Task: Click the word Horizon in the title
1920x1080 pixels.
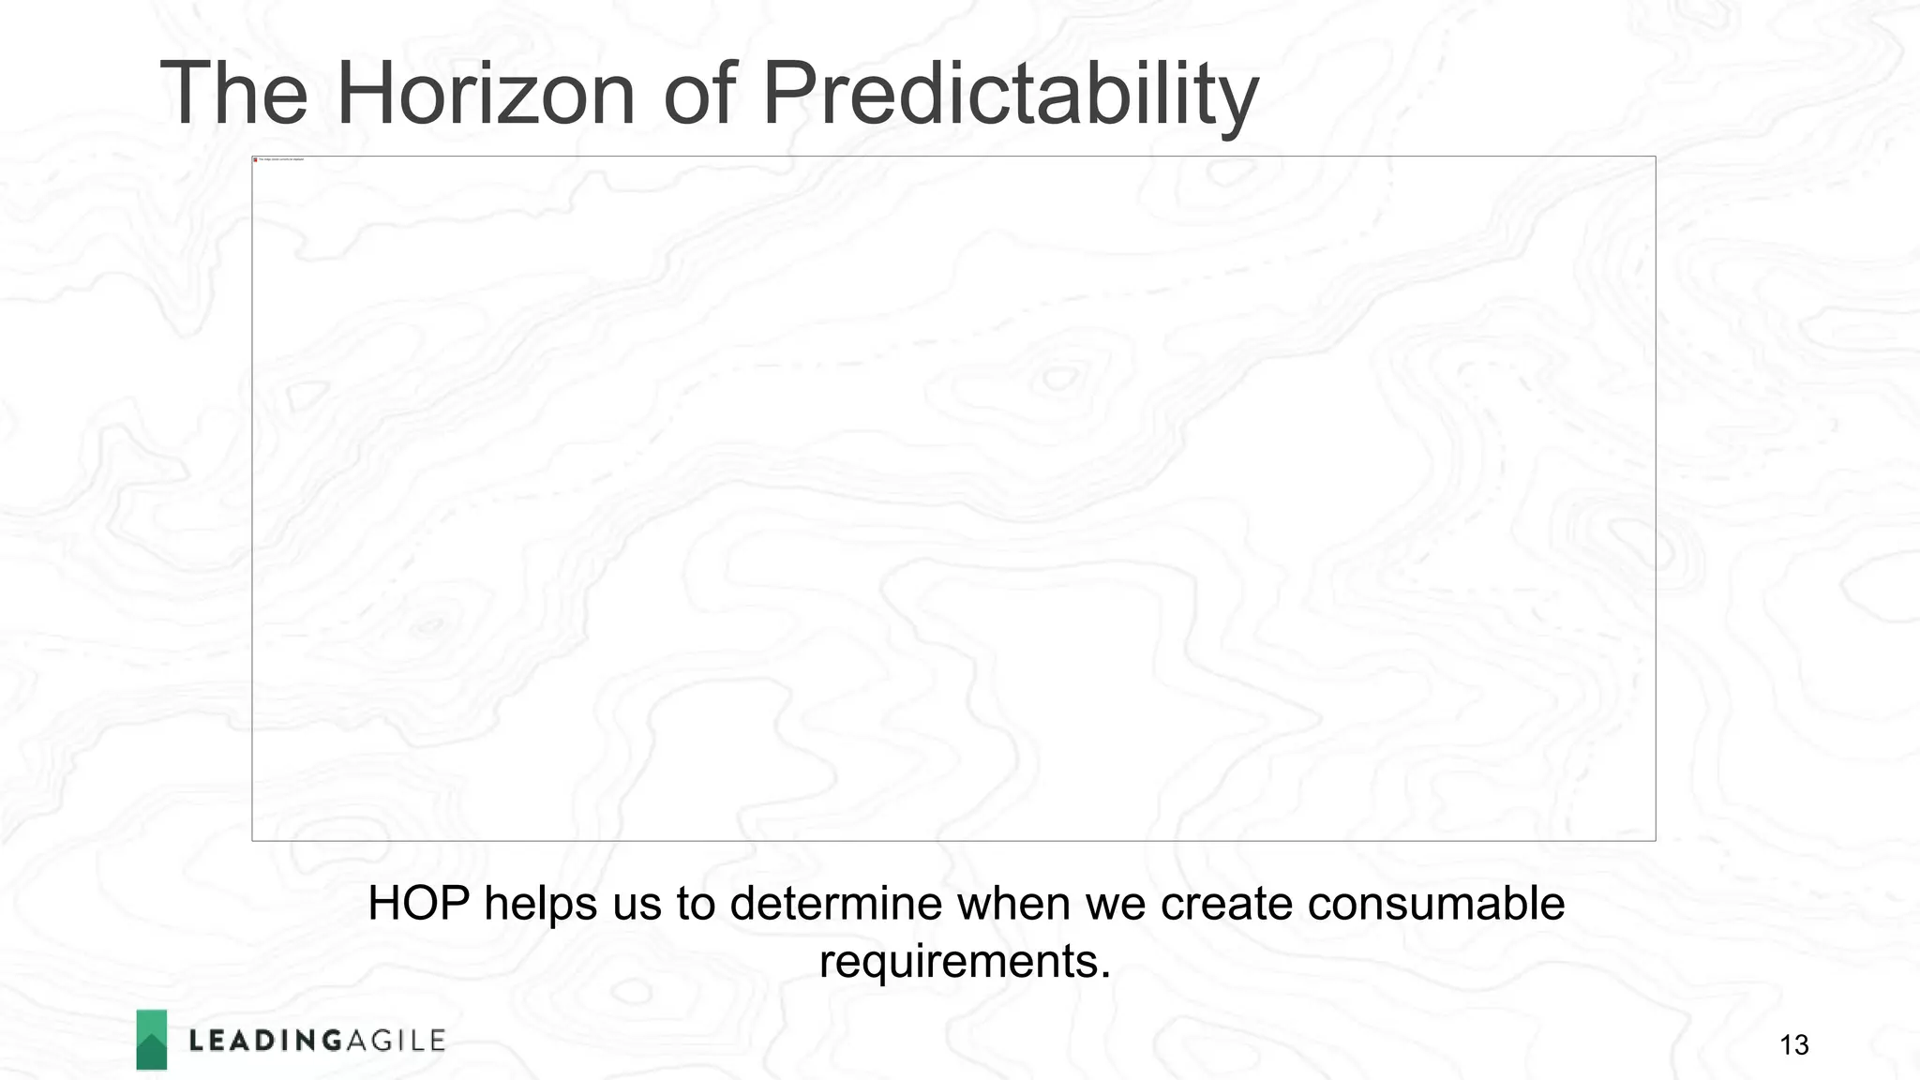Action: tap(485, 94)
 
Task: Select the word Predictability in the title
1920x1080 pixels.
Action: tap(1010, 94)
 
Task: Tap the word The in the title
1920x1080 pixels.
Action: tap(233, 94)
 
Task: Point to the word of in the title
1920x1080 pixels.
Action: tap(698, 94)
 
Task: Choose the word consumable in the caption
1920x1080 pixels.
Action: tap(1436, 904)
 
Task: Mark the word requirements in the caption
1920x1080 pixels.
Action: tap(965, 961)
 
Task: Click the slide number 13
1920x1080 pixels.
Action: tap(1793, 1044)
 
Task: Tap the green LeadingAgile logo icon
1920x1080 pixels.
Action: tap(152, 1040)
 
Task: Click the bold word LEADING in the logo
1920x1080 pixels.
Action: tap(265, 1041)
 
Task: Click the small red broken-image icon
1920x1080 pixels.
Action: tap(255, 159)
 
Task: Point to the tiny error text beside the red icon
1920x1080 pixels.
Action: tap(281, 159)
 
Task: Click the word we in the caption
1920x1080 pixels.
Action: tap(1116, 904)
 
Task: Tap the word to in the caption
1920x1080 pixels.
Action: tap(696, 904)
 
